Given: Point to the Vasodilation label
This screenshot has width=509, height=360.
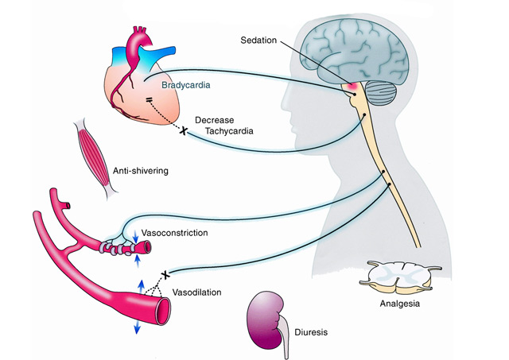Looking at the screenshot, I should point(197,292).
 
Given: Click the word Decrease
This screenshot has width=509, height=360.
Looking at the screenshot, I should point(215,120).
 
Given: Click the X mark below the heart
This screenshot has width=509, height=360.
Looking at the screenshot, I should point(185,129).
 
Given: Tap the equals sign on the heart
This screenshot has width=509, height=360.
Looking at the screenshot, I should point(149,100).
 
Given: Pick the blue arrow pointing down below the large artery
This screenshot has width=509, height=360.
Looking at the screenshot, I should point(137,326).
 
